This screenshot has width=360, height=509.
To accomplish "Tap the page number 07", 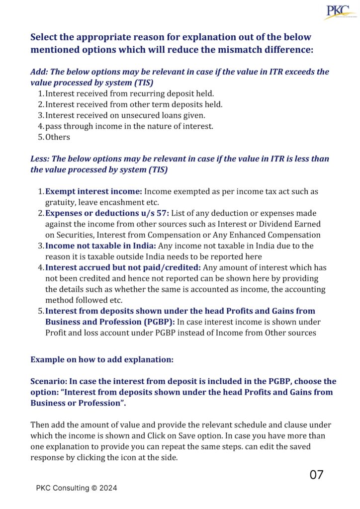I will [x=316, y=475].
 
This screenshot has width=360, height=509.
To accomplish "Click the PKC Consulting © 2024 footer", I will [x=77, y=488].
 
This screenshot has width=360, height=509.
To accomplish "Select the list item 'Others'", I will [x=58, y=137].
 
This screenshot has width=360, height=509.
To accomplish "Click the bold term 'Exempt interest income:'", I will [x=94, y=191].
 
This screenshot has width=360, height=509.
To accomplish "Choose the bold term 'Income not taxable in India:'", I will [x=101, y=246].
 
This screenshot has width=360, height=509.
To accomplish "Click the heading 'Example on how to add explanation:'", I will [x=102, y=359].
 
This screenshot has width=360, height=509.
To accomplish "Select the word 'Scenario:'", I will [x=48, y=382].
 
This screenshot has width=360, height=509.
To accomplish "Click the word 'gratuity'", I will [x=54, y=202].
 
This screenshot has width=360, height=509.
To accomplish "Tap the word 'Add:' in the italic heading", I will [x=40, y=72].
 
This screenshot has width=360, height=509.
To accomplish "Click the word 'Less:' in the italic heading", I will [x=41, y=159].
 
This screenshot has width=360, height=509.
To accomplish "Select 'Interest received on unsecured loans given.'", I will [x=118, y=115].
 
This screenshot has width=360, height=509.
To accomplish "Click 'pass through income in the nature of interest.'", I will [x=129, y=126].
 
